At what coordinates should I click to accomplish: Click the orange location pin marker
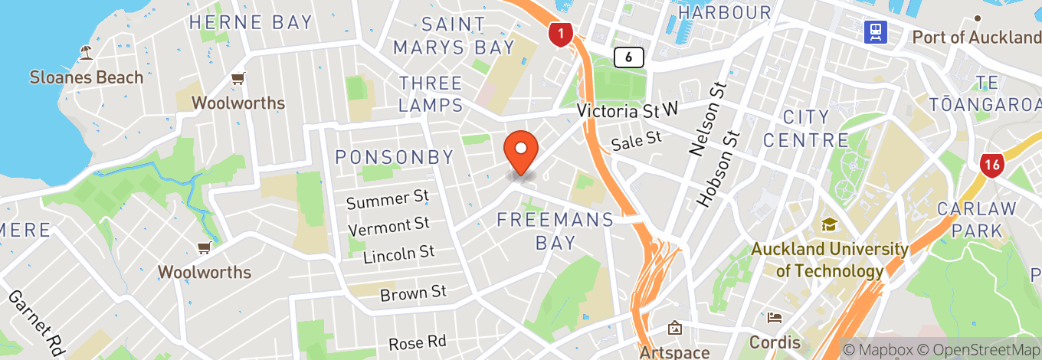point(522,151)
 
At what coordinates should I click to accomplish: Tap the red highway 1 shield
point(561,34)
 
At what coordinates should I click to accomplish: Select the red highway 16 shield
point(991,165)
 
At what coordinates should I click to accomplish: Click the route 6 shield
point(628,56)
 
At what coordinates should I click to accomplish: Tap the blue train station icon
point(875,32)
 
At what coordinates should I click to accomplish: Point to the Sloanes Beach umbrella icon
point(86,53)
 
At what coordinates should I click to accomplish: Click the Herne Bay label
point(251,22)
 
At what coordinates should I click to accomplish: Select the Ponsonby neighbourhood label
point(395,158)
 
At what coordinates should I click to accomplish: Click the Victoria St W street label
point(628,112)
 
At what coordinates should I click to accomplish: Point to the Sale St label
point(636,141)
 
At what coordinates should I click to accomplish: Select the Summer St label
point(387,200)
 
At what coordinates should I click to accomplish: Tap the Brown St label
point(413,293)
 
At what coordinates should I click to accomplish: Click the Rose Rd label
point(417,342)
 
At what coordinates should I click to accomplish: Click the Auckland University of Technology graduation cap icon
point(828,224)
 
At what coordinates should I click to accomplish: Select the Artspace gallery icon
point(675,329)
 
